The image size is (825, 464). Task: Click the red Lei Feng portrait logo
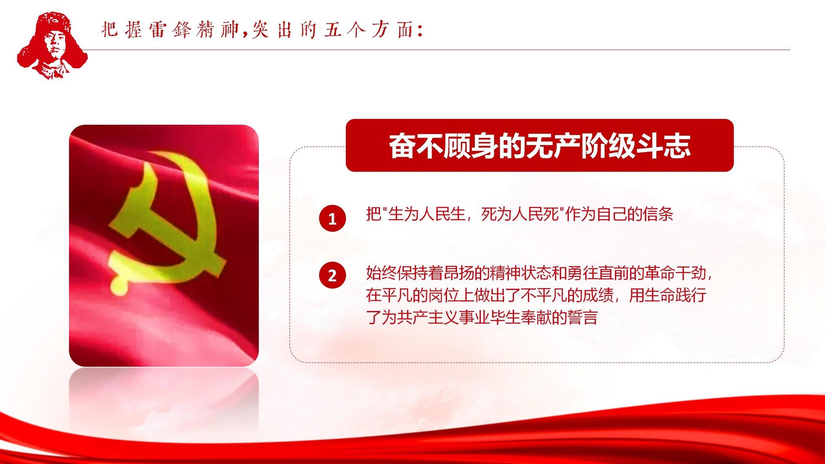tap(52, 45)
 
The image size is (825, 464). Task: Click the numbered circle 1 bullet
tap(332, 218)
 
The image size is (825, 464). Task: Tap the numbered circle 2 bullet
tap(332, 275)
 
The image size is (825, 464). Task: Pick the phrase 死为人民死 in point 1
tap(520, 214)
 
